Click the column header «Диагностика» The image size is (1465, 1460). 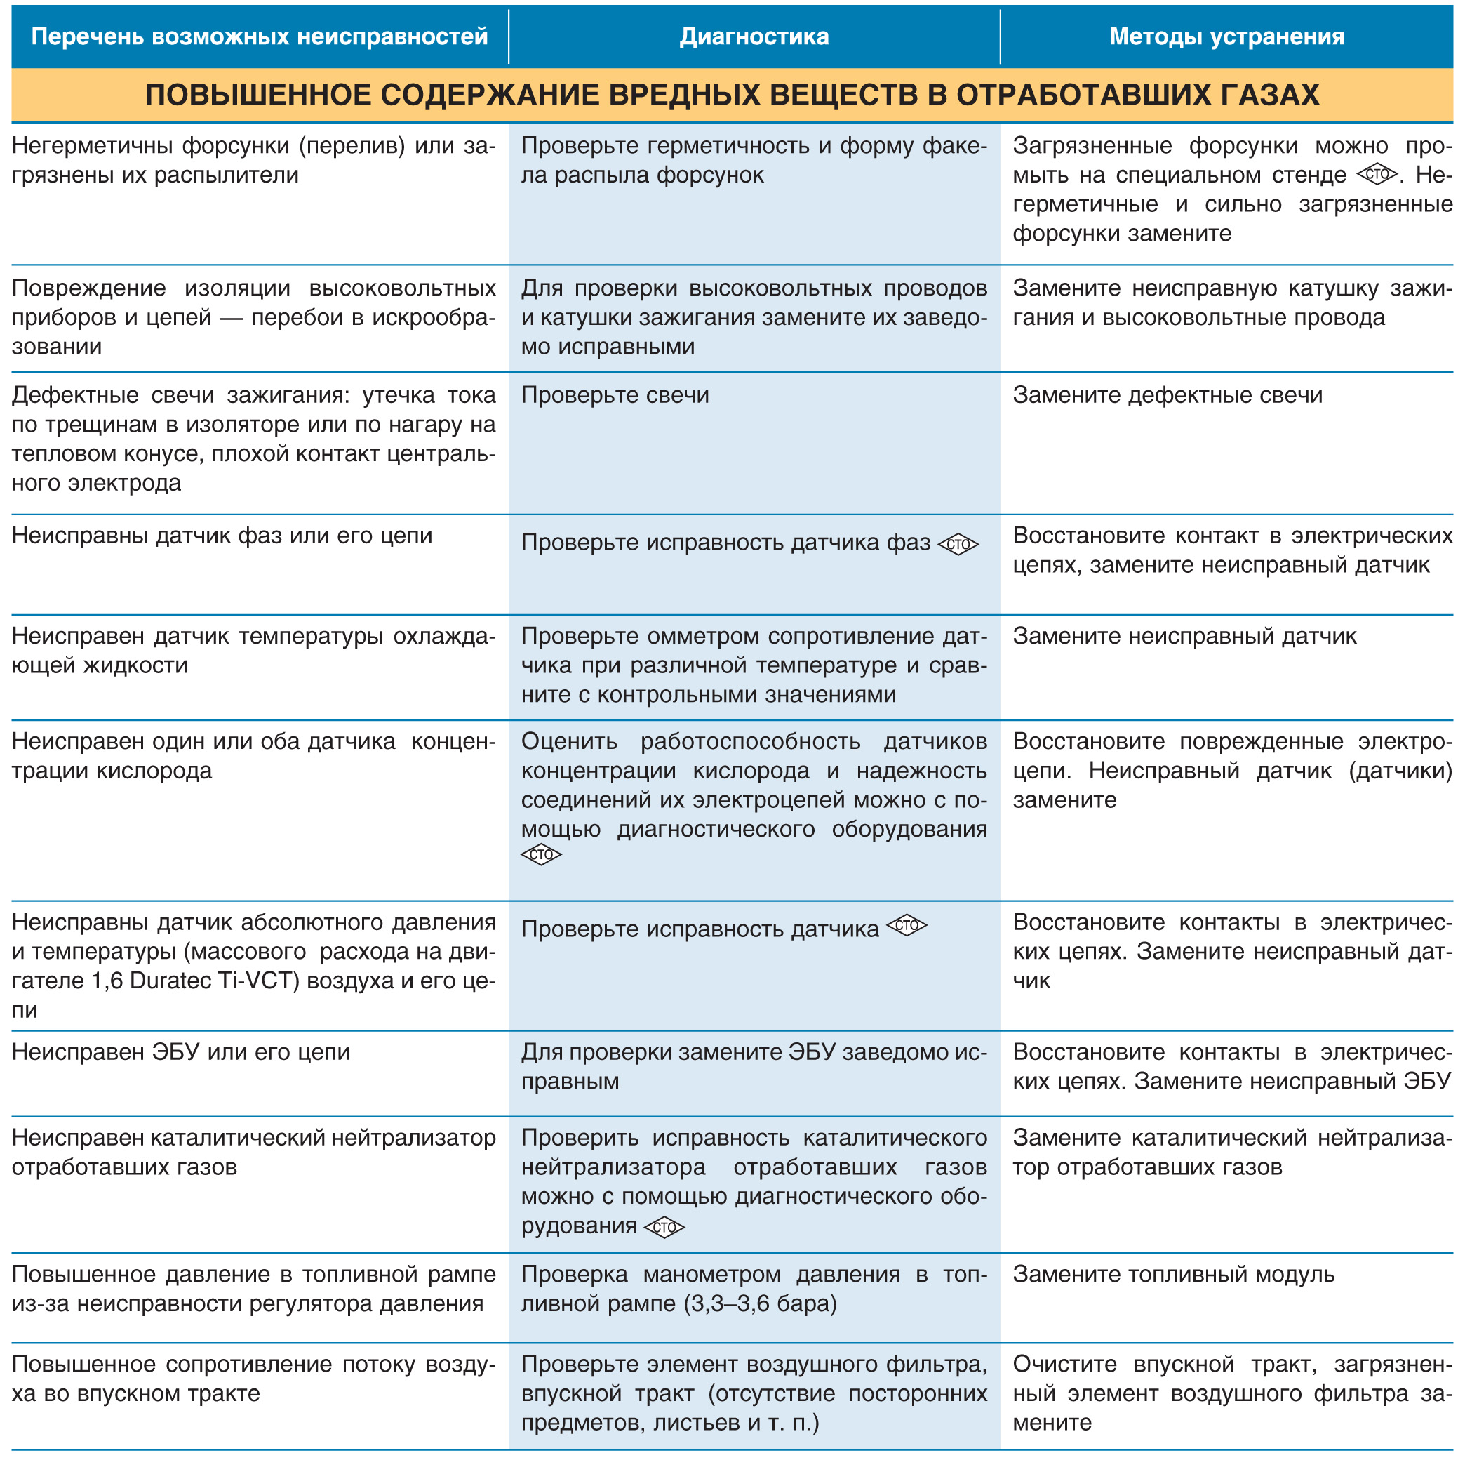(754, 36)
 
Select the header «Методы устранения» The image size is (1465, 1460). (1226, 36)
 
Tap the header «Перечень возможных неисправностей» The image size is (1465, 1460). (260, 36)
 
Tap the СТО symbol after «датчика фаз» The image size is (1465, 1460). (958, 544)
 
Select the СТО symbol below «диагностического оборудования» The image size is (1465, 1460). (541, 855)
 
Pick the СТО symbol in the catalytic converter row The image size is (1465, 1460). (664, 1227)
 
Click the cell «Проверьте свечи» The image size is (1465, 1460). (615, 395)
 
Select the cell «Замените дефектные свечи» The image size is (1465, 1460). (1167, 395)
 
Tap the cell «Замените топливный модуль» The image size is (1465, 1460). (1173, 1274)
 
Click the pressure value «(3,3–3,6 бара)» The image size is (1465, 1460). (760, 1303)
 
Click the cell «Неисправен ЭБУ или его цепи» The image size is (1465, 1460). (180, 1052)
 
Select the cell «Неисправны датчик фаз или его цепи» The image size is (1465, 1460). (222, 536)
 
